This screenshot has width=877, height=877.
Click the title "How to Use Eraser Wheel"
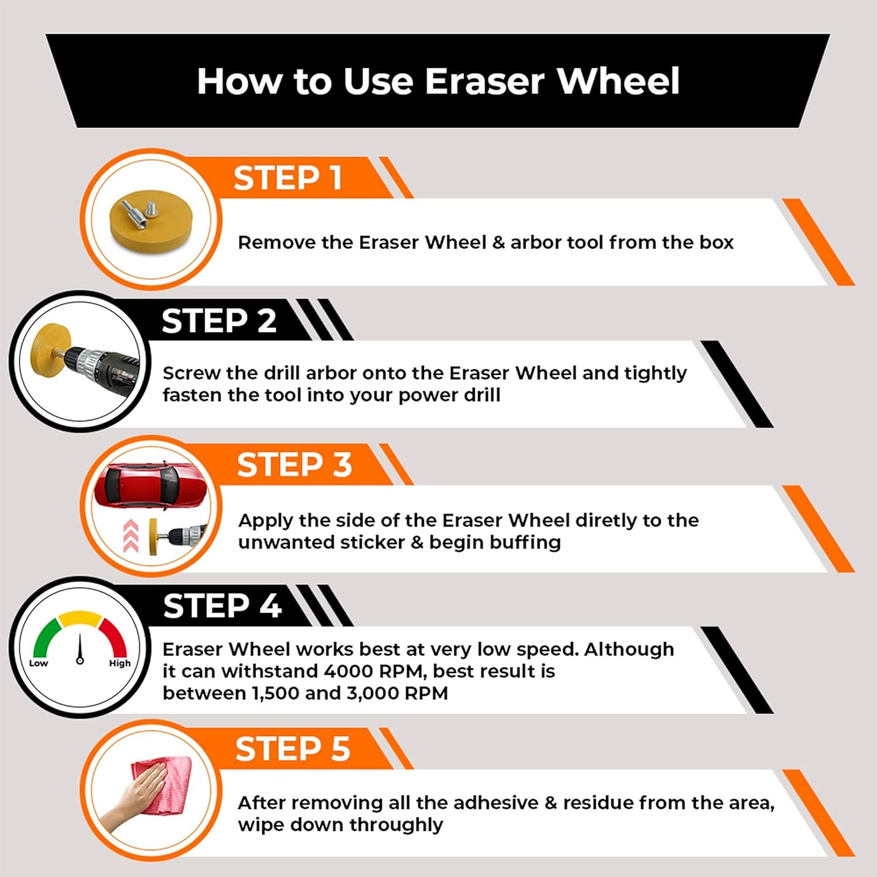pyautogui.click(x=438, y=81)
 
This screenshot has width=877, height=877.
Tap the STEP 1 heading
pyautogui.click(x=288, y=178)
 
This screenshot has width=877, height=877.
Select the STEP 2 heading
pyautogui.click(x=219, y=321)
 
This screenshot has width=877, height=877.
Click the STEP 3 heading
pyautogui.click(x=294, y=465)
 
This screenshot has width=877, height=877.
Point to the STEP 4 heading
pyautogui.click(x=222, y=606)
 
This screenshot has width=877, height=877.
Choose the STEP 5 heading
pyautogui.click(x=292, y=749)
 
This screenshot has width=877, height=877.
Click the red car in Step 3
pyautogui.click(x=150, y=485)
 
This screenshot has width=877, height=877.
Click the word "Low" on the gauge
pyautogui.click(x=39, y=663)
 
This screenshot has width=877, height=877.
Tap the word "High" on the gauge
pyautogui.click(x=120, y=663)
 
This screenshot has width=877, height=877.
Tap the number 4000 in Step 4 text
pyautogui.click(x=348, y=671)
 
